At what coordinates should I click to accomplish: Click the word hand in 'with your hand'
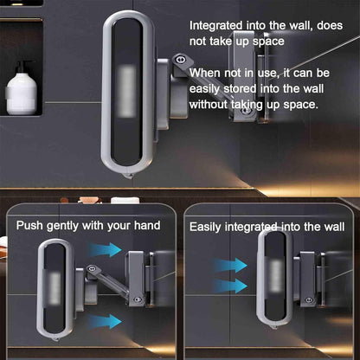point(147,225)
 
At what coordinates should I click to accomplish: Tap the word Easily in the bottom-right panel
point(205,228)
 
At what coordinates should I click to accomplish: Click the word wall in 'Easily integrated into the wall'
point(334,227)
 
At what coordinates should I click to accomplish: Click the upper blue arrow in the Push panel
point(105,249)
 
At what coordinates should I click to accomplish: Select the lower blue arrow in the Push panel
point(105,321)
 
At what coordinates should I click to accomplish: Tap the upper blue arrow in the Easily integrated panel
point(230,266)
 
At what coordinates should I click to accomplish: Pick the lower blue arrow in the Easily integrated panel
point(230,286)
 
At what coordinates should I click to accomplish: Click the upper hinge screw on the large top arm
point(181,60)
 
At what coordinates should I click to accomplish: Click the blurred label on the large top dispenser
point(127,91)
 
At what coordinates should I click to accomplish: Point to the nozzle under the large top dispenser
point(128,175)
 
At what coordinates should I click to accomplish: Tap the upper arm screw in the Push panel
point(93,268)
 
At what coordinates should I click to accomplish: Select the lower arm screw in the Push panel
point(138,299)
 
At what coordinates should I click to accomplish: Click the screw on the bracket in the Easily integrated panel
point(308,300)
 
